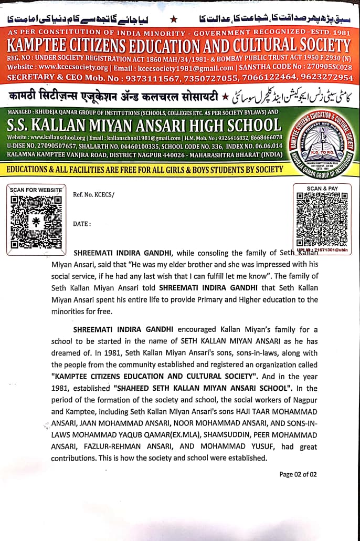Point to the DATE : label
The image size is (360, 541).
coord(82,224)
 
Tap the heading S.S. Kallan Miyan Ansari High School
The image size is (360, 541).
coord(144,125)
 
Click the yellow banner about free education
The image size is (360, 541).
coord(144,170)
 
